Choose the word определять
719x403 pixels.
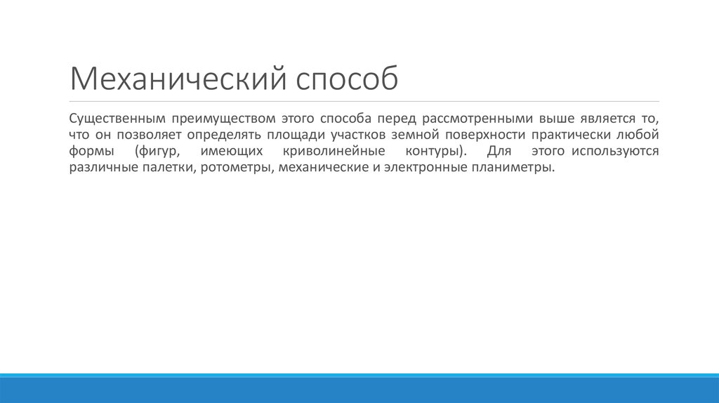pos(220,134)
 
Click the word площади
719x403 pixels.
pos(293,134)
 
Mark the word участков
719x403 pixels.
pos(355,134)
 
